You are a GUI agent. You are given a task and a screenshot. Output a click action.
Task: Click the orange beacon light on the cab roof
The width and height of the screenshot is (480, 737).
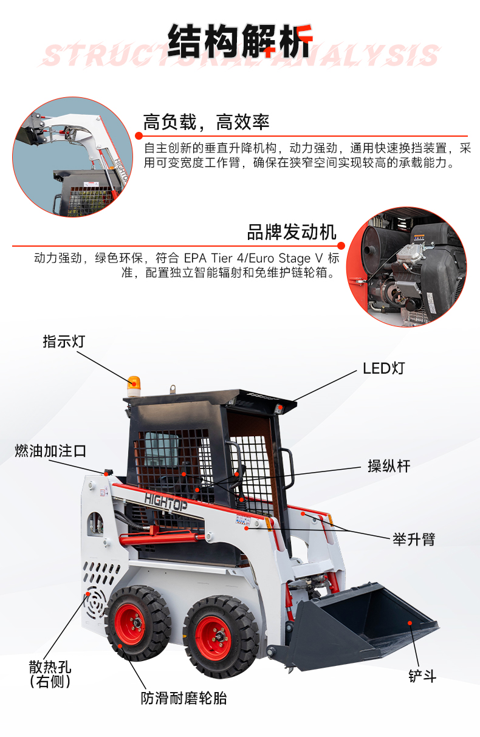click(x=134, y=386)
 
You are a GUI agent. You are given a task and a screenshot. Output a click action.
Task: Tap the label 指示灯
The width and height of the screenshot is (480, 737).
click(x=64, y=341)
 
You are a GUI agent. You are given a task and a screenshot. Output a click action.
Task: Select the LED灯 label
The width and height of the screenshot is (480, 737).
click(x=383, y=368)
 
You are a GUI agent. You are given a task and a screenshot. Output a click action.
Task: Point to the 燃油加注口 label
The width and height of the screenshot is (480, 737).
click(x=50, y=450)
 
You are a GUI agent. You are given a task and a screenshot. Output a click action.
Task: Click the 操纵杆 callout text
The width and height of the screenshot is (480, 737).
click(x=389, y=466)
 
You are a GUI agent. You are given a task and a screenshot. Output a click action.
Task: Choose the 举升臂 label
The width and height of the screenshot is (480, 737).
click(x=414, y=540)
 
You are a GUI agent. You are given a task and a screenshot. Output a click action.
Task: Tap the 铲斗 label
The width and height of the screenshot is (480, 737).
click(x=422, y=676)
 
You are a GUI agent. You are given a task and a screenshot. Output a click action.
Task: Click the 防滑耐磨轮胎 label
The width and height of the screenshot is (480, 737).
click(x=183, y=698)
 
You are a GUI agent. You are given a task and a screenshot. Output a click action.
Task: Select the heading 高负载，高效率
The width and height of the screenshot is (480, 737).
click(x=206, y=122)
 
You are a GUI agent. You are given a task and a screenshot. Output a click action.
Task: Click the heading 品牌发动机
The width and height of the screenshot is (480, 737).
click(x=292, y=232)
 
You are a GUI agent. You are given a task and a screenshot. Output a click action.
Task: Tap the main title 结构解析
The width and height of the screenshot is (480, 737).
click(x=240, y=41)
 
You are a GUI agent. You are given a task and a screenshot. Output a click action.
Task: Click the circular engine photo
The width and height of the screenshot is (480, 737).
click(x=406, y=267)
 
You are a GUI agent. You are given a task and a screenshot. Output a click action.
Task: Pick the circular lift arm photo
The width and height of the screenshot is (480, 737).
click(x=73, y=157)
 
